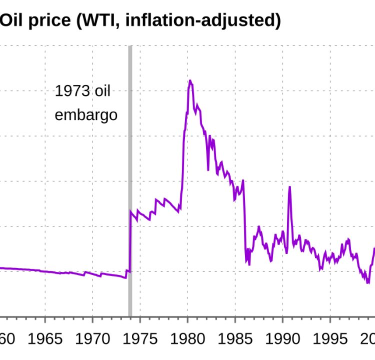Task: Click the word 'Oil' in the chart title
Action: (14, 20)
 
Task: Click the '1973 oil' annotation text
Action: (82, 91)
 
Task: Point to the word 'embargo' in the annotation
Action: (86, 115)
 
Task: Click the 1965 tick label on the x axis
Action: (45, 338)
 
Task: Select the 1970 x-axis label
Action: (93, 338)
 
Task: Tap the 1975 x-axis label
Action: (140, 338)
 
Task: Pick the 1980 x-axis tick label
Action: (188, 338)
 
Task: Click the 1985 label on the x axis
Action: (235, 338)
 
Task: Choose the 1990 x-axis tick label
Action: (283, 338)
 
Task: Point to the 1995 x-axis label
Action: (330, 338)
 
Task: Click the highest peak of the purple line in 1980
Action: (190, 80)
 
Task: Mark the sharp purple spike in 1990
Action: (289, 187)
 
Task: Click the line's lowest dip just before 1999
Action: (368, 283)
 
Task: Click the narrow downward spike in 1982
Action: (208, 169)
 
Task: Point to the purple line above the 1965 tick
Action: (45, 271)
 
